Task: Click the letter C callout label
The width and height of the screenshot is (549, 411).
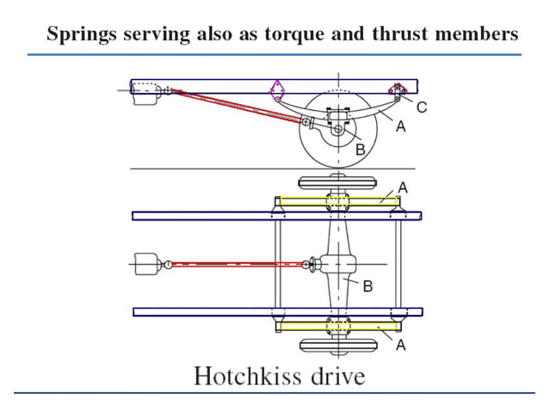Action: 421,107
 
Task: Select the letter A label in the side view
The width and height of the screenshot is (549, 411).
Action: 399,126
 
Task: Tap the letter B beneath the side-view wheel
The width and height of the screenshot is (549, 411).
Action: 360,149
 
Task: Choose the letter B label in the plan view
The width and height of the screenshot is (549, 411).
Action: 367,285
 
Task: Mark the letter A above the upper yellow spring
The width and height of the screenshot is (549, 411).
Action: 402,186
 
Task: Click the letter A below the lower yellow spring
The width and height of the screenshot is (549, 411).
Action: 399,344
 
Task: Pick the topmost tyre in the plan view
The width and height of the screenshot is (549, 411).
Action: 337,183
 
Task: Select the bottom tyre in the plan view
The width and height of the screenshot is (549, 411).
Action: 337,346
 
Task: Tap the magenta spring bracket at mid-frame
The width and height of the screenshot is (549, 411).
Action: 277,89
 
